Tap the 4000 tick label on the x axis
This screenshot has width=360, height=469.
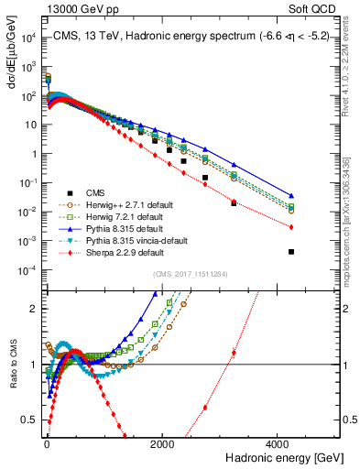(x=278, y=444)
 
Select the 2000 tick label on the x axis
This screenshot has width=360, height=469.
(x=162, y=444)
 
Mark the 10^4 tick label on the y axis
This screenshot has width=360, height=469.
(x=27, y=38)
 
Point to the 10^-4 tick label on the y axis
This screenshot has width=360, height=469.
(x=27, y=269)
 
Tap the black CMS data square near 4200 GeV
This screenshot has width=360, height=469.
(x=291, y=251)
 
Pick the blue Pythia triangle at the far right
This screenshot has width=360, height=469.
(x=291, y=196)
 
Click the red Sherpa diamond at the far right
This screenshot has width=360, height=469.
(x=291, y=227)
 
